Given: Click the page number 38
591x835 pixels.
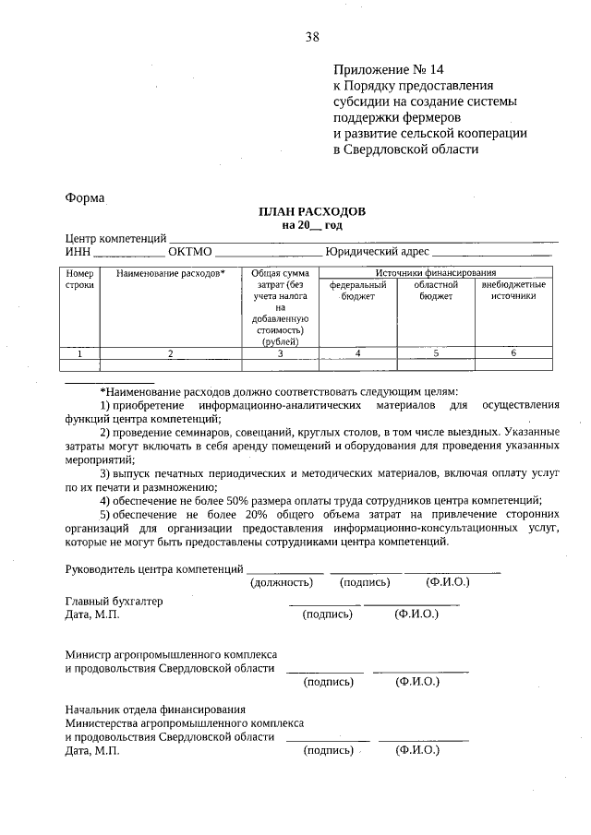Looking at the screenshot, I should click(x=312, y=37).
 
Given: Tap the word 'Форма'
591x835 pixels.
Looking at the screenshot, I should click(x=85, y=197).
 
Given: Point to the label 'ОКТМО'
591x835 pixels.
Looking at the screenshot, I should click(x=190, y=251).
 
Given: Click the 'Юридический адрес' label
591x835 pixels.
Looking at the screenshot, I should click(x=379, y=251).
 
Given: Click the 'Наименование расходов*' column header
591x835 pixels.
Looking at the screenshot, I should click(x=170, y=274).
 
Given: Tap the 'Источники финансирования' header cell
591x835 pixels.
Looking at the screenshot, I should click(x=436, y=273).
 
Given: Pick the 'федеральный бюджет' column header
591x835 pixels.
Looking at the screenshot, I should click(x=357, y=291).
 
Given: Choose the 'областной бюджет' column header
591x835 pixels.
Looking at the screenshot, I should click(x=436, y=291).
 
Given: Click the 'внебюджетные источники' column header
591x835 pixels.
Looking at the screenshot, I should click(x=513, y=291).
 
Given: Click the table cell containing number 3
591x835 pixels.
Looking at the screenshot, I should click(x=279, y=352).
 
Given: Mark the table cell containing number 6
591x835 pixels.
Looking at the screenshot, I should click(x=513, y=352).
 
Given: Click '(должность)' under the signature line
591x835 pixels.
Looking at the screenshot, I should click(x=284, y=582).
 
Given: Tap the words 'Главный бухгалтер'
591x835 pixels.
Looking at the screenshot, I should click(x=114, y=601).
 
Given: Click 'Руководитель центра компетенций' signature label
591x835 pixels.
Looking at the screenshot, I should click(x=154, y=568).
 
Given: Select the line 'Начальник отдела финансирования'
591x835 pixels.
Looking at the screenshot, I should click(x=155, y=710).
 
